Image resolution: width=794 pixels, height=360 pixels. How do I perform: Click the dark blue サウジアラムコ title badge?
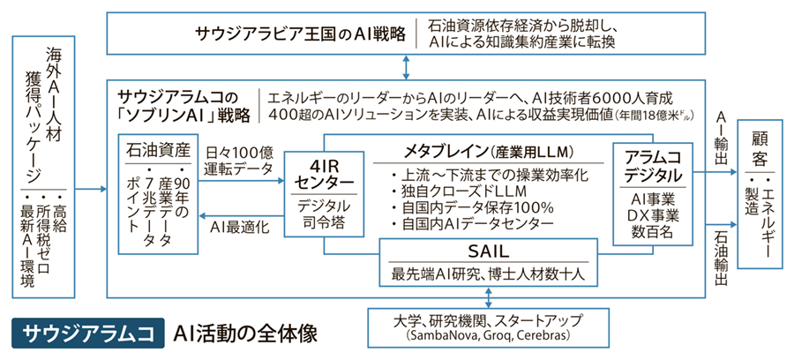[x=86, y=334]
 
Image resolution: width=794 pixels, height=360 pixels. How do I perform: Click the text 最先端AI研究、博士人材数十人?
[x=488, y=273]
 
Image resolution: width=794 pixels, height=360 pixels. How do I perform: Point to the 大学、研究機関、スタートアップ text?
[x=488, y=320]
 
